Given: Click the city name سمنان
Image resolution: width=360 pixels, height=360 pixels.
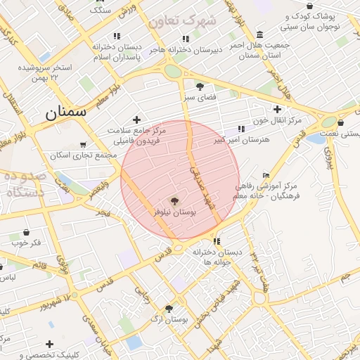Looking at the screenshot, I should tap(65, 111).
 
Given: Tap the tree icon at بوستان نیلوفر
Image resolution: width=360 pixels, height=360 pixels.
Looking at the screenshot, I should tap(174, 201).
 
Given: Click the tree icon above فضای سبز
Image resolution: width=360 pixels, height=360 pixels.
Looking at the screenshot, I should tap(200, 87).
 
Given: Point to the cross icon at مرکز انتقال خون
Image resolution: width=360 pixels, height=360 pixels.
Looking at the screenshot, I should tap(277, 109).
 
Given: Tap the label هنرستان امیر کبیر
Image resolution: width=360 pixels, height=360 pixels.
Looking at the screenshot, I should tap(242, 141).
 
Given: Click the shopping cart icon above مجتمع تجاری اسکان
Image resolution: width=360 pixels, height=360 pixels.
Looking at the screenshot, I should tap(84, 145).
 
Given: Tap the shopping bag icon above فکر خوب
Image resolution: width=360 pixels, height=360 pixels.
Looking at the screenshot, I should tap(26, 232).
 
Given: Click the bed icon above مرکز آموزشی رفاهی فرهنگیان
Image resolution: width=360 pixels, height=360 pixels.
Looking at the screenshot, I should tap(265, 175).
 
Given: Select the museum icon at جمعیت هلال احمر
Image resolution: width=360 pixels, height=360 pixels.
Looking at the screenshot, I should tap(260, 35).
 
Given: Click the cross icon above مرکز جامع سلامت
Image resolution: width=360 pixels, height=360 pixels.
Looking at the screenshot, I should tap(136, 120).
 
